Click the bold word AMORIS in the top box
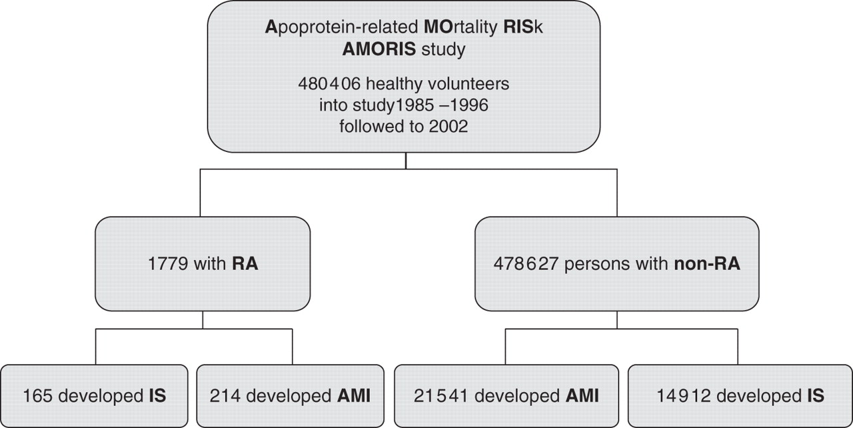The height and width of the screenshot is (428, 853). (x=379, y=49)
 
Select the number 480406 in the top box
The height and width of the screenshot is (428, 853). (x=329, y=84)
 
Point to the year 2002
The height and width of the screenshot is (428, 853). (x=448, y=127)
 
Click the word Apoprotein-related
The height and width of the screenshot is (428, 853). (x=342, y=27)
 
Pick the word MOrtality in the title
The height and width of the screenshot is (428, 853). (x=460, y=27)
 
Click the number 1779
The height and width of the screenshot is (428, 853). (x=168, y=264)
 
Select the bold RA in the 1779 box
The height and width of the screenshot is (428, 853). (x=245, y=264)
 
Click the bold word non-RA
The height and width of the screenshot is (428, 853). (x=707, y=264)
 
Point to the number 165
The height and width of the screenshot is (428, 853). (x=38, y=396)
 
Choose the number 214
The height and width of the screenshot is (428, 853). (x=225, y=396)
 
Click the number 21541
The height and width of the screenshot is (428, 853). (x=440, y=396)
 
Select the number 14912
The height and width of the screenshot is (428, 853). (x=684, y=396)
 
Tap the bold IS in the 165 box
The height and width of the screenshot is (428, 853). (x=157, y=396)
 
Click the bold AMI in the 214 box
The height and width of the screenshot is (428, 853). (x=353, y=396)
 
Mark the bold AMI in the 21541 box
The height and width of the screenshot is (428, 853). (x=582, y=396)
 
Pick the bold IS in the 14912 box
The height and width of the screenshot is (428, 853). (x=816, y=396)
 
